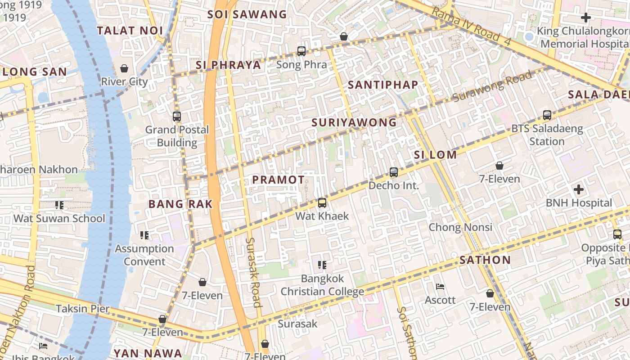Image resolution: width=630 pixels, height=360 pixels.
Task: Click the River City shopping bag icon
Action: point(124,68)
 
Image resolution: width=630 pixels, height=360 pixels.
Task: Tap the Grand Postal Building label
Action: point(177,136)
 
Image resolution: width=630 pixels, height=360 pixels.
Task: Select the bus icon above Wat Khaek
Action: point(322,203)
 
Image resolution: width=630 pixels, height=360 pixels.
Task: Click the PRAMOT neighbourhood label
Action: point(278,180)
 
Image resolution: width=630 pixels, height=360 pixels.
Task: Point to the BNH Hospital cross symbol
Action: point(579,189)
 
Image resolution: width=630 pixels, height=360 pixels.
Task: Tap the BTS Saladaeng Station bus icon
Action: point(547,115)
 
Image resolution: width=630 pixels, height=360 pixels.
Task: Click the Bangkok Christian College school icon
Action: point(322,265)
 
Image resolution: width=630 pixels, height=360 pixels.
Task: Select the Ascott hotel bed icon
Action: point(440,287)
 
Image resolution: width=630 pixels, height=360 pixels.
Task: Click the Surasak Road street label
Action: point(253,272)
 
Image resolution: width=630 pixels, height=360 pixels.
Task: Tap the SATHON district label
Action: point(485,260)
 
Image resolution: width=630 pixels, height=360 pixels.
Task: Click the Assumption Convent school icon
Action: point(144,235)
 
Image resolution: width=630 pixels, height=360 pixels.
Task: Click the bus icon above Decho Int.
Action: point(394,172)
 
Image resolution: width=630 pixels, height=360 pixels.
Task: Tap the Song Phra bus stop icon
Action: point(301,51)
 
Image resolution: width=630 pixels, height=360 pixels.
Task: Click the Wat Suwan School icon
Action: point(59,205)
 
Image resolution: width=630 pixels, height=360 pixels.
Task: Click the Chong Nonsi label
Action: point(460,227)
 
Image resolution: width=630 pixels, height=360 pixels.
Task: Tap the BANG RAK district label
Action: point(180,204)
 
